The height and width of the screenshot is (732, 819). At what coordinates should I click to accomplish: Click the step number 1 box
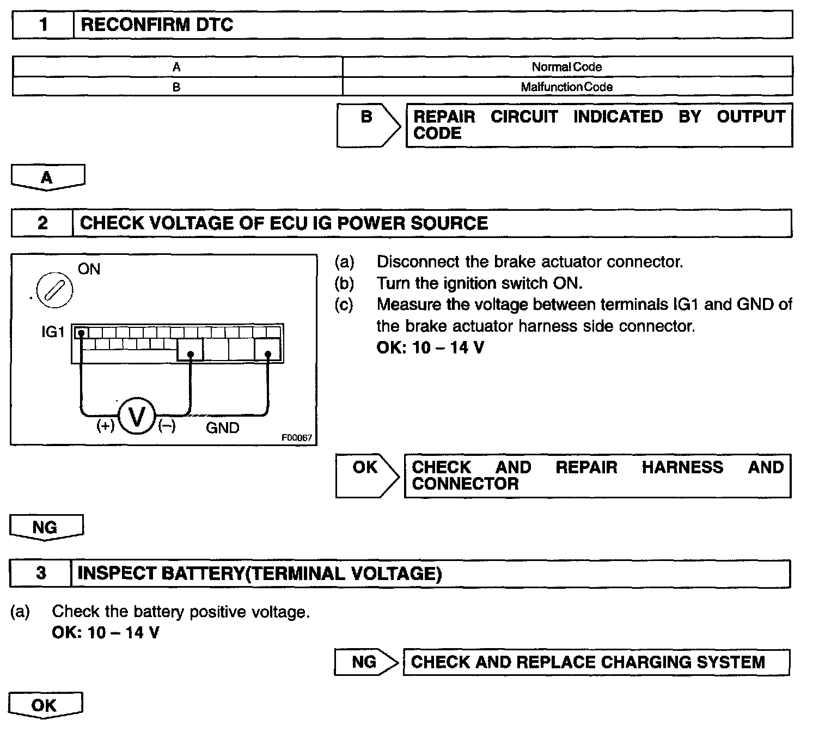(x=43, y=25)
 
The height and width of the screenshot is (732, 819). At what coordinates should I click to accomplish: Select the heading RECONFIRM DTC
(x=157, y=25)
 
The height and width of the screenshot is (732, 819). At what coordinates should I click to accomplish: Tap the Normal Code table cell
(x=567, y=67)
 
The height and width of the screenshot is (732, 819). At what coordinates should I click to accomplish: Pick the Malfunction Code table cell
(x=567, y=87)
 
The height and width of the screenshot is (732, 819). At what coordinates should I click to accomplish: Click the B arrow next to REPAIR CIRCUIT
(x=368, y=124)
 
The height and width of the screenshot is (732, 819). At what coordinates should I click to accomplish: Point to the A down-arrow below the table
(x=47, y=178)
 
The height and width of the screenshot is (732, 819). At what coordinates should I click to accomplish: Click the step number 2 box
(x=42, y=223)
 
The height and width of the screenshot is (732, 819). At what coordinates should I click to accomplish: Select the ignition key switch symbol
(x=54, y=290)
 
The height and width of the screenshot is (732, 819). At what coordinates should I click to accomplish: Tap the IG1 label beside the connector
(x=53, y=331)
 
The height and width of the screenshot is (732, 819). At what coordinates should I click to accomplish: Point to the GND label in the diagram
(x=222, y=428)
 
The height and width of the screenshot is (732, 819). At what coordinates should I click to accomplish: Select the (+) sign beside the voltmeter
(x=106, y=425)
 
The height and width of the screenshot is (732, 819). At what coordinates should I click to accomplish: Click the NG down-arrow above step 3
(x=46, y=527)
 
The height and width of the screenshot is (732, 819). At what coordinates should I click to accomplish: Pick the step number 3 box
(x=41, y=574)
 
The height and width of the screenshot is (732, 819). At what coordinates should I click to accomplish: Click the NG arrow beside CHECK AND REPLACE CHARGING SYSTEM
(x=365, y=662)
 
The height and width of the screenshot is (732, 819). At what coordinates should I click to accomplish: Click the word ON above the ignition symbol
(x=89, y=269)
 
